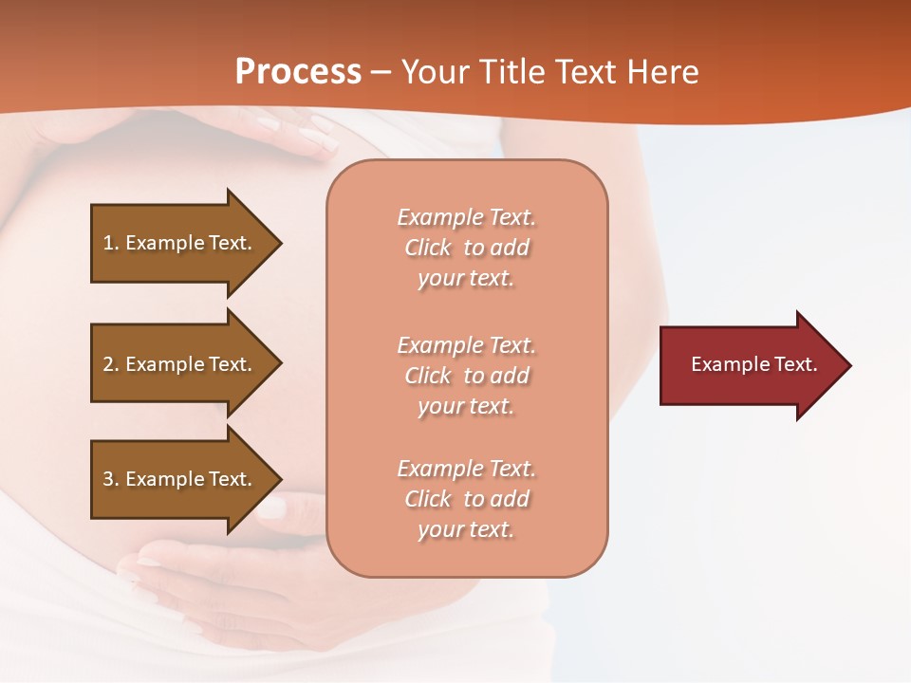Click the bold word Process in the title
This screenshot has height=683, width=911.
coord(298,71)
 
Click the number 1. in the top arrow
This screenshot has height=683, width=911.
coord(111,243)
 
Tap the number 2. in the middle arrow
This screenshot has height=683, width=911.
coord(111,364)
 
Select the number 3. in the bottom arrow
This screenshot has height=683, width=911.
coord(111,479)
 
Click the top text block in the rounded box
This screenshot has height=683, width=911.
coord(467,248)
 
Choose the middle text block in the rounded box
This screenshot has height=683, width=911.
coord(467,376)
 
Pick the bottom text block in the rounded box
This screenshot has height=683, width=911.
coord(467,499)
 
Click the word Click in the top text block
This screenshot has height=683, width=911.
coord(428,249)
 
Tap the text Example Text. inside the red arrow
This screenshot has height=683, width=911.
coord(754,364)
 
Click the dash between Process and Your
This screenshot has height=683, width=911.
coord(381,73)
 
